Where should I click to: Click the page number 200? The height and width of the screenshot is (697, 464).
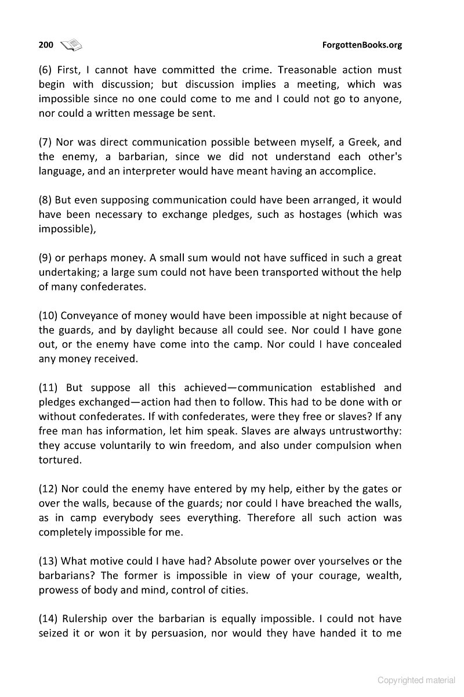[x=46, y=45]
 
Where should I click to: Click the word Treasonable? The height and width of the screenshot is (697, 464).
[x=312, y=70]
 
